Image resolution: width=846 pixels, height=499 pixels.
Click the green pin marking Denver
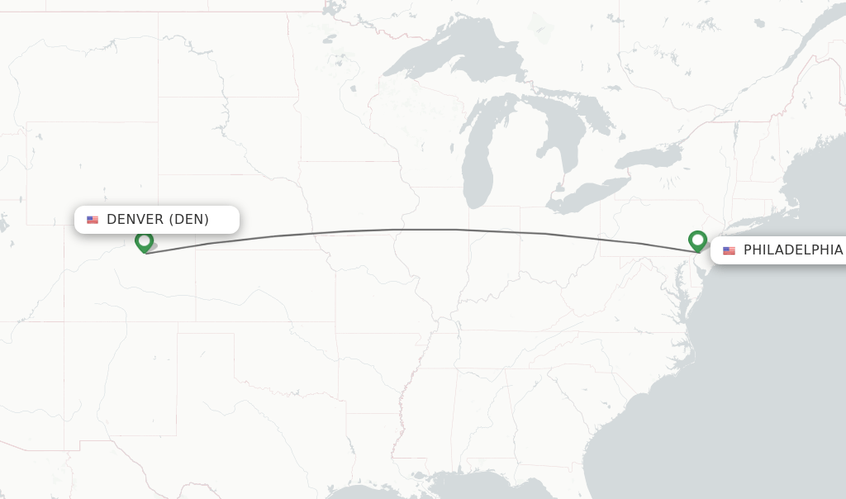[x=145, y=241]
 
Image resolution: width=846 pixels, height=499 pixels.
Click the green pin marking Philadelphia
[x=697, y=240]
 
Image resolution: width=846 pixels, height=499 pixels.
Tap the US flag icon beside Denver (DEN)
[x=93, y=220]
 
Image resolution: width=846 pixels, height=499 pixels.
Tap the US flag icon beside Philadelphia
[x=729, y=250]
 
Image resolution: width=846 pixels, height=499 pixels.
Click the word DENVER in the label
[x=135, y=220]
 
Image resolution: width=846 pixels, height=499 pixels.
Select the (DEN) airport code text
[x=189, y=220]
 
